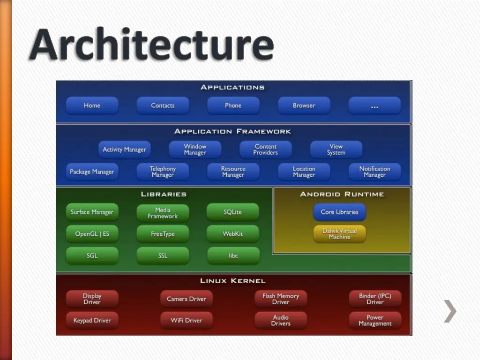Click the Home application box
click(x=92, y=105)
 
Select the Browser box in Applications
click(x=304, y=105)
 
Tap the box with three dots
click(x=375, y=105)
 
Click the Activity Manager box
click(x=124, y=150)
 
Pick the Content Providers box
click(x=265, y=150)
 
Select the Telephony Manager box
click(x=163, y=172)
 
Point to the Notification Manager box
click(x=375, y=172)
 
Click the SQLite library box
click(x=232, y=212)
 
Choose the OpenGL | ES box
click(x=92, y=233)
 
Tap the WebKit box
click(x=232, y=233)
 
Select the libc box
click(x=233, y=255)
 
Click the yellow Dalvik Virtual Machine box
click(x=339, y=234)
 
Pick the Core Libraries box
click(x=339, y=212)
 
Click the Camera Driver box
click(x=186, y=299)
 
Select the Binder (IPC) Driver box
click(x=375, y=299)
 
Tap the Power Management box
click(x=375, y=320)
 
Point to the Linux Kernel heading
click(x=232, y=281)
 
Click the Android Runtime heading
click(x=342, y=194)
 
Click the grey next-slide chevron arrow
click(x=450, y=311)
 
